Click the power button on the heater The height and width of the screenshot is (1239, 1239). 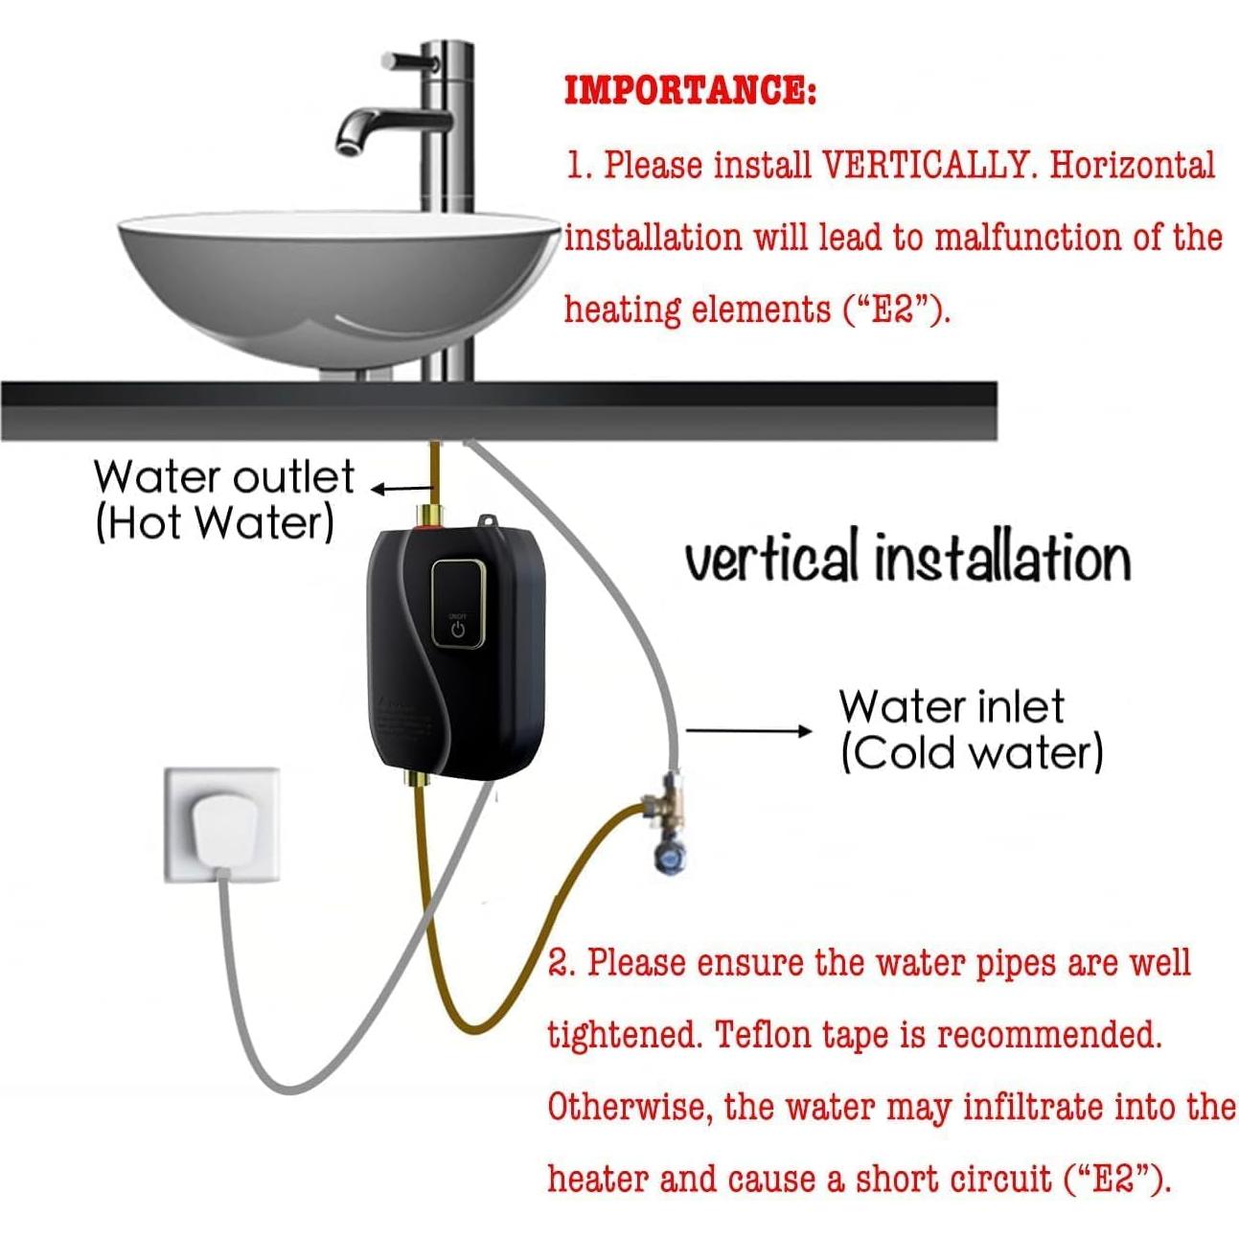coord(457,629)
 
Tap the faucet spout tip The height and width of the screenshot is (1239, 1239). coord(347,145)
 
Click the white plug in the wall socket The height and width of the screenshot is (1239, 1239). coord(222,830)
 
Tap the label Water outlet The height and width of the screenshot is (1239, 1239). coord(224,476)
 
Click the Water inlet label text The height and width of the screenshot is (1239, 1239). coord(952,707)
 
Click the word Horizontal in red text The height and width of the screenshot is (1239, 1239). coord(1132,166)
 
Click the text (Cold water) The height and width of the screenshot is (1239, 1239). coord(973,753)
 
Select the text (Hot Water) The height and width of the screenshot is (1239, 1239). coord(215,523)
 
